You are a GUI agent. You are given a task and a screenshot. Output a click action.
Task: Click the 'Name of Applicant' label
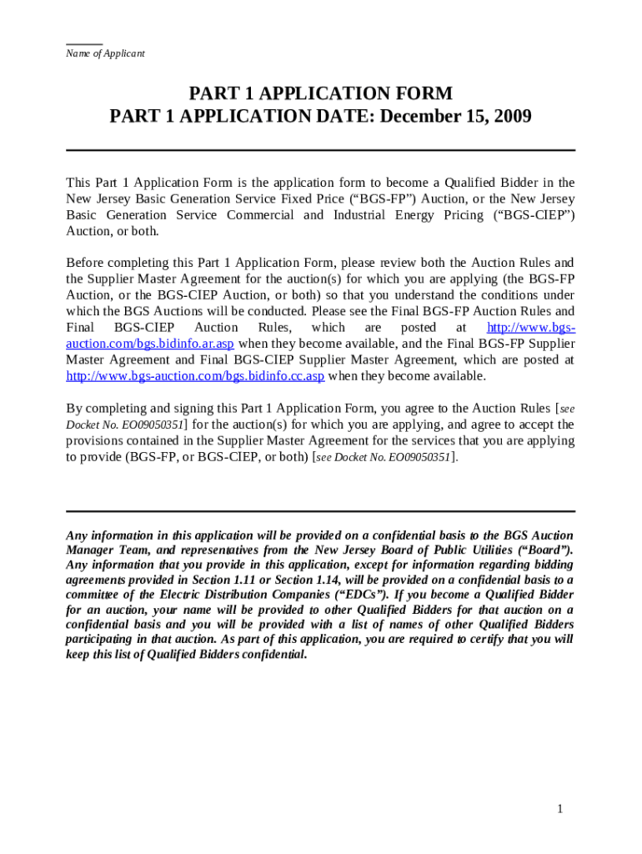coord(105,53)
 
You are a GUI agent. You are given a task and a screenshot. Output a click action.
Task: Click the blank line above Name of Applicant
coord(84,43)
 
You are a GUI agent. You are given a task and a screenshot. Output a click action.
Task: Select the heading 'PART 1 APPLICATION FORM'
coord(320,93)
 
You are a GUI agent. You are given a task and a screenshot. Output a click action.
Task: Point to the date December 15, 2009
coord(456,117)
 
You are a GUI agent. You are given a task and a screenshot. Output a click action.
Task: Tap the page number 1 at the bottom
coord(560,809)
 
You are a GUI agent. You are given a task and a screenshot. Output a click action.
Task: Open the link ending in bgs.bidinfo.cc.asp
coord(195,376)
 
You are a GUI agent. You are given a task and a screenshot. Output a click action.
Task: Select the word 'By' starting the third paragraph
coord(74,409)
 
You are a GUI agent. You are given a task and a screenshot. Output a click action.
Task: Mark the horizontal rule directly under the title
coord(320,150)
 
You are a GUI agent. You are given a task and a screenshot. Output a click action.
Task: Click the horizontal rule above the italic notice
coord(320,511)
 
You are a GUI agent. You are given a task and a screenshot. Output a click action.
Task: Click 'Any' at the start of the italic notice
coord(77,535)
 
